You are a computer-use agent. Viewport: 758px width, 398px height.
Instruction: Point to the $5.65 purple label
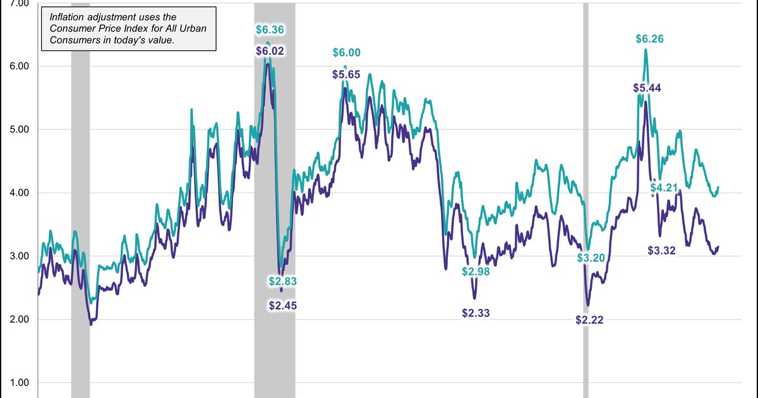(x=346, y=75)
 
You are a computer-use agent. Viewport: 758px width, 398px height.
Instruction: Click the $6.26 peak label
(x=651, y=39)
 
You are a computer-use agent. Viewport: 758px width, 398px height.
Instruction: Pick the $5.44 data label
(x=647, y=88)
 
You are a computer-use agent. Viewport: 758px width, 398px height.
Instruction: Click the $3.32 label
(x=662, y=250)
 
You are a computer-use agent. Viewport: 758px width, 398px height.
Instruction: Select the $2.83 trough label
(x=282, y=281)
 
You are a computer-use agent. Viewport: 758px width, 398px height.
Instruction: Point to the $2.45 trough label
(x=282, y=306)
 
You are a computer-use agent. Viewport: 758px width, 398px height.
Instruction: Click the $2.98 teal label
(x=476, y=272)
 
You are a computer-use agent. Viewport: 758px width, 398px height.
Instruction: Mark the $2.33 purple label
(x=476, y=312)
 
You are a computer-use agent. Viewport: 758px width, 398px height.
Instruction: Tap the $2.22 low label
(x=589, y=320)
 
